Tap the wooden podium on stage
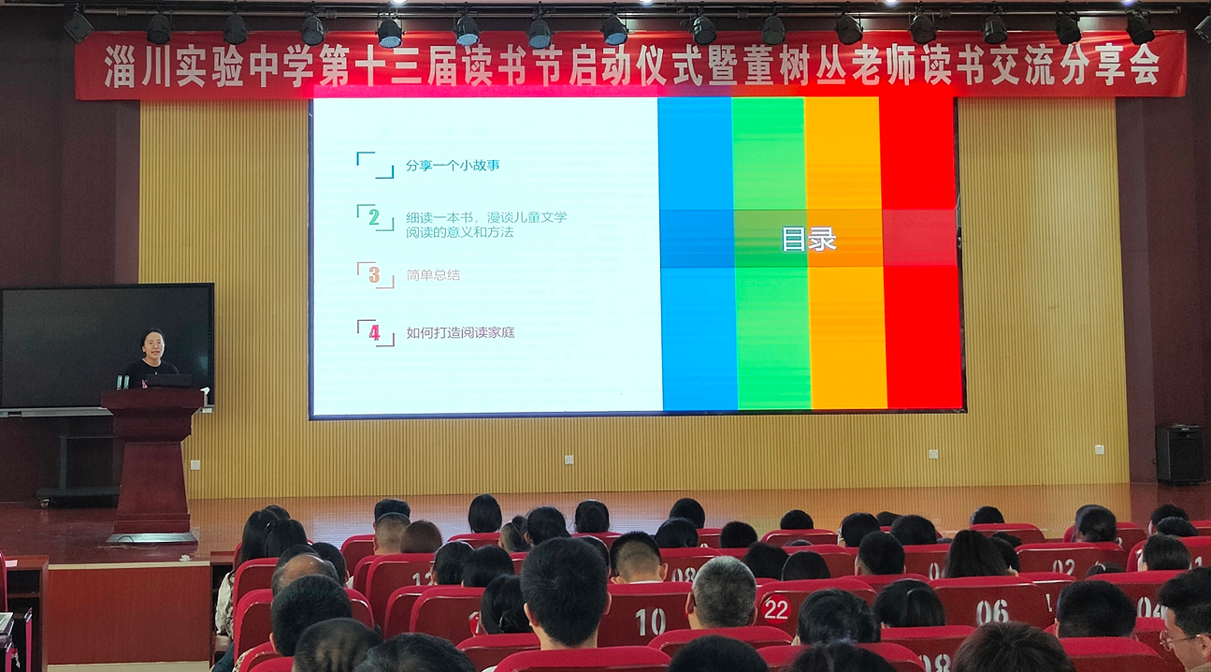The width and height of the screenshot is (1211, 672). (151, 464)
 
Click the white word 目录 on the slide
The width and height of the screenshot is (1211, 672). (809, 240)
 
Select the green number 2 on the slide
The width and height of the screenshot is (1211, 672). (373, 217)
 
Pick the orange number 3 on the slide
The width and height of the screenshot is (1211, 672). (374, 275)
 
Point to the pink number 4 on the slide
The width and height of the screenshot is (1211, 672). (374, 332)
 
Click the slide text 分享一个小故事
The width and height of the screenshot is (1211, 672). (453, 165)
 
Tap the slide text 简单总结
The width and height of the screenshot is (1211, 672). (433, 275)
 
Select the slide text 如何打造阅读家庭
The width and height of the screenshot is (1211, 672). (460, 332)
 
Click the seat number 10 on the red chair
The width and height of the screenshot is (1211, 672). (650, 621)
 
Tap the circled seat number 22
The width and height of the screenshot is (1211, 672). (776, 610)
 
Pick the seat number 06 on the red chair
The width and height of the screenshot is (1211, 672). (992, 612)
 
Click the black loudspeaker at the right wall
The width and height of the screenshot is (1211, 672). (1179, 454)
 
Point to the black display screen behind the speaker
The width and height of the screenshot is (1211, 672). (107, 346)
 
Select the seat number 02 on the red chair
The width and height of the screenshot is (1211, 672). (1063, 566)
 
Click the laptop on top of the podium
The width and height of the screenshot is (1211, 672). (168, 381)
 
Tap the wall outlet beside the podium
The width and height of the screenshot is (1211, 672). (195, 464)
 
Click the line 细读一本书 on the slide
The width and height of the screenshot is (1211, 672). (440, 217)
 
